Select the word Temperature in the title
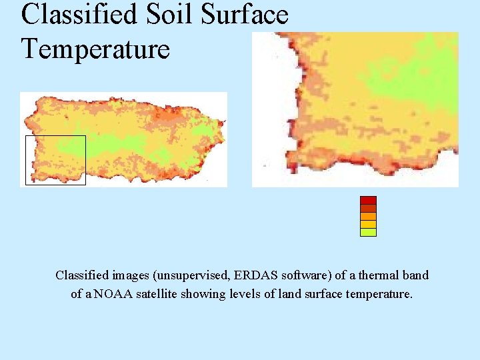tap(95, 48)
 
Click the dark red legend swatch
tap(368, 200)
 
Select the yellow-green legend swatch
tap(368, 233)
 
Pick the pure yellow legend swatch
tap(368, 225)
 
